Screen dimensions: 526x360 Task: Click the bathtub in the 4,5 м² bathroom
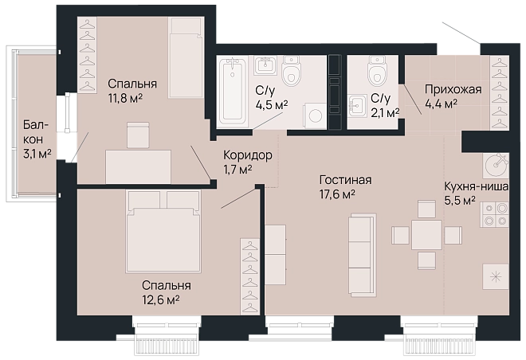pyautogui.click(x=234, y=88)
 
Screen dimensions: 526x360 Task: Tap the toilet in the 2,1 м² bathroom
pyautogui.click(x=377, y=71)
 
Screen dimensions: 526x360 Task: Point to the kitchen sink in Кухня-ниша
pyautogui.click(x=497, y=165)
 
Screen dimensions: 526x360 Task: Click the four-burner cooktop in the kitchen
pyautogui.click(x=495, y=214)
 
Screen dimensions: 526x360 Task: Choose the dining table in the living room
pyautogui.click(x=426, y=235)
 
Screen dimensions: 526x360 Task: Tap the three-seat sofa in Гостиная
pyautogui.click(x=362, y=255)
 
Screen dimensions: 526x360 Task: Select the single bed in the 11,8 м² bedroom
pyautogui.click(x=186, y=57)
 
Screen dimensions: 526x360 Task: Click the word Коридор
pyautogui.click(x=248, y=155)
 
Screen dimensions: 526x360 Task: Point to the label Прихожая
pyautogui.click(x=453, y=89)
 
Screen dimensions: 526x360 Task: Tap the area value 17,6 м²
pyautogui.click(x=337, y=194)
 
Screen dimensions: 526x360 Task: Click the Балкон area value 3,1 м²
pyautogui.click(x=37, y=154)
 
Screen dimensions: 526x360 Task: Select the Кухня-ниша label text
pyautogui.click(x=476, y=186)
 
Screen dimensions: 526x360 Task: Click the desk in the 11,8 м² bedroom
pyautogui.click(x=138, y=166)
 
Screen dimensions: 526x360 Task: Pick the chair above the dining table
pyautogui.click(x=426, y=209)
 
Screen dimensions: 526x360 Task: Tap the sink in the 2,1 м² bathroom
pyautogui.click(x=357, y=106)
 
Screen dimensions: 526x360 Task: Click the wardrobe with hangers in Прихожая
pyautogui.click(x=500, y=92)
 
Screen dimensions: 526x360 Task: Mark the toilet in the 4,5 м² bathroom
pyautogui.click(x=291, y=71)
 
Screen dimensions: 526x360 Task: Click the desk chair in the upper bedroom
pyautogui.click(x=138, y=135)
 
